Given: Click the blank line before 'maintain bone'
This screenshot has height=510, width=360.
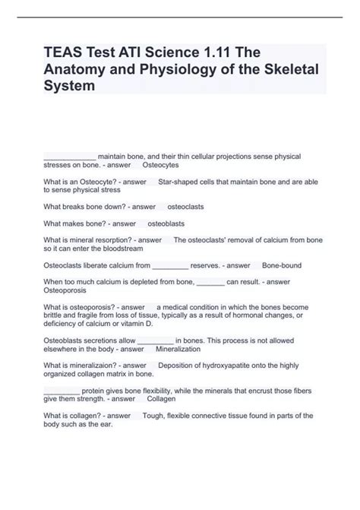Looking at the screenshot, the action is [70, 155].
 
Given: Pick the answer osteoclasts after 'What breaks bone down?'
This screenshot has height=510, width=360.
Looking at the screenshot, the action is [185, 207].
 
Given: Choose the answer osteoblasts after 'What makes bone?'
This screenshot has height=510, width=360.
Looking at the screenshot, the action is [166, 224].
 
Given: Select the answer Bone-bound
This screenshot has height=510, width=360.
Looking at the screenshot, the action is [283, 266].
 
